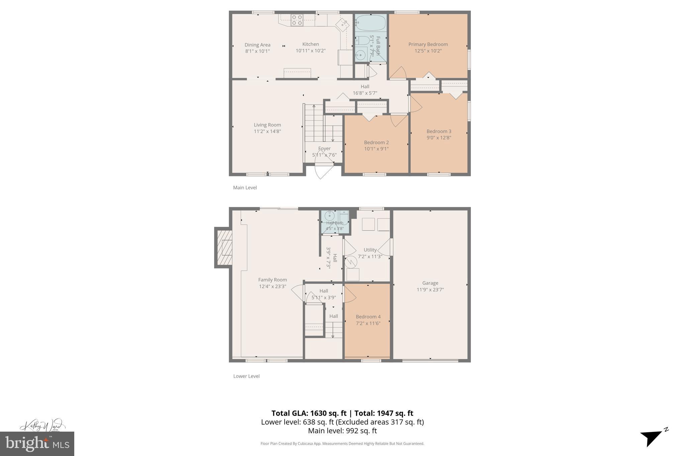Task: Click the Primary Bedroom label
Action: (x=428, y=44)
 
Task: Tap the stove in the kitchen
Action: (x=297, y=20)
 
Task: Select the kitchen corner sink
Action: (x=342, y=24)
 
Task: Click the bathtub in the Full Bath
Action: (x=370, y=23)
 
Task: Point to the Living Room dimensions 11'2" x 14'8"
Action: (x=267, y=131)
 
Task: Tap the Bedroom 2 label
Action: (x=376, y=142)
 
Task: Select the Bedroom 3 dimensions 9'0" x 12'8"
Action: (x=439, y=137)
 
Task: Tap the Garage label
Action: (x=430, y=283)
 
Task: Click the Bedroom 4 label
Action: (x=368, y=317)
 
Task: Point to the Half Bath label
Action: (x=334, y=223)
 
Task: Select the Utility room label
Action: (x=370, y=250)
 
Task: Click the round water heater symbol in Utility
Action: (x=351, y=262)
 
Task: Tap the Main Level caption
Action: (x=245, y=188)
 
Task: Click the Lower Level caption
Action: (x=246, y=376)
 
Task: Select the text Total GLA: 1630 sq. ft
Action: (x=308, y=413)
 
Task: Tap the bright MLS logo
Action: (x=37, y=444)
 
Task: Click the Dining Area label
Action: (x=257, y=45)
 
